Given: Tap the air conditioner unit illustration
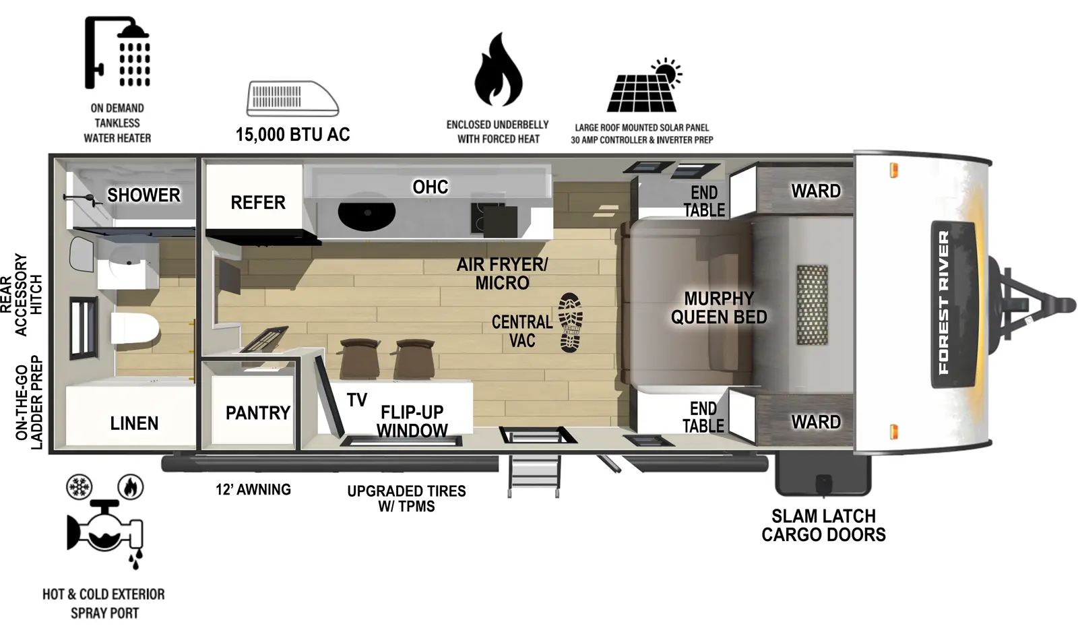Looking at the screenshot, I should [x=292, y=99].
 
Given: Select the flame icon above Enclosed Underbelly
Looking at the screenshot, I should [x=498, y=70].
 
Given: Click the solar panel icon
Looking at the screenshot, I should [x=644, y=88].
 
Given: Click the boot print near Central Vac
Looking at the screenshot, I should [x=570, y=322].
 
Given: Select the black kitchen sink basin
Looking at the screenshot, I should [x=367, y=214].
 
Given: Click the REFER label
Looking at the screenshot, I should [x=257, y=202].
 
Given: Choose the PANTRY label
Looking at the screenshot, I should [x=257, y=412].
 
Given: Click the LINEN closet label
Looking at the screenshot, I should [x=134, y=423].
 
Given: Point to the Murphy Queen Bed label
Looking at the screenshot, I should [x=718, y=308].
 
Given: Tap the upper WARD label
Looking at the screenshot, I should [x=815, y=191].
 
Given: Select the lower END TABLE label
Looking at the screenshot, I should [x=703, y=417].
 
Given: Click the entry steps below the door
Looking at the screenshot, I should [x=534, y=475].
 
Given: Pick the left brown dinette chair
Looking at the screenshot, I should [x=359, y=358].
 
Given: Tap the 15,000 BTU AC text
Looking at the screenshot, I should [x=292, y=135].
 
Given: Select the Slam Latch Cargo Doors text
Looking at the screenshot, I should [x=823, y=526].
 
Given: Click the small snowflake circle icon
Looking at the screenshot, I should [x=79, y=487].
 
